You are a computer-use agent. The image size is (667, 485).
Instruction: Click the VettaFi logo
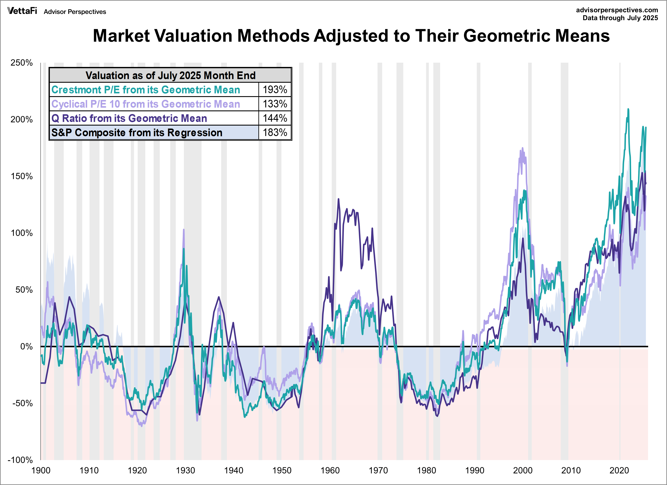tap(22, 11)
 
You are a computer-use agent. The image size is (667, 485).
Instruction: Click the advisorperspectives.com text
tap(617, 10)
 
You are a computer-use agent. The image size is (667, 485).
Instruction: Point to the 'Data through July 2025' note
tap(620, 18)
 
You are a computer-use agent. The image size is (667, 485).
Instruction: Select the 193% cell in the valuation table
tap(275, 90)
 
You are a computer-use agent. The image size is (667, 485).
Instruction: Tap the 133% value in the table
tap(275, 104)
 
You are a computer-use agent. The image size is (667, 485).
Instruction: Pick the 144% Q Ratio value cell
tap(275, 118)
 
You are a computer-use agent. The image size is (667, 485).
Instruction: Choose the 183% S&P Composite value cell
tap(275, 132)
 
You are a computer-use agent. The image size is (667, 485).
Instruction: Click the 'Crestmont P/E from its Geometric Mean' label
tap(146, 90)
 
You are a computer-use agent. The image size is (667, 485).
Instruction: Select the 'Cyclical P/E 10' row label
tap(146, 104)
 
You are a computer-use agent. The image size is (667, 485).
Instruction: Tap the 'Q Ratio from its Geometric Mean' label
tap(129, 118)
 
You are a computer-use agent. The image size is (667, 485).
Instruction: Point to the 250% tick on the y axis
tap(22, 63)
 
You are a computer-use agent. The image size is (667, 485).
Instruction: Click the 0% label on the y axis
tap(26, 346)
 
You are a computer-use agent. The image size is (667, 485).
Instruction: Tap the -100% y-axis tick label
tap(20, 460)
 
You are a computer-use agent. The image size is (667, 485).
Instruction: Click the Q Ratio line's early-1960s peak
tap(339, 199)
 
